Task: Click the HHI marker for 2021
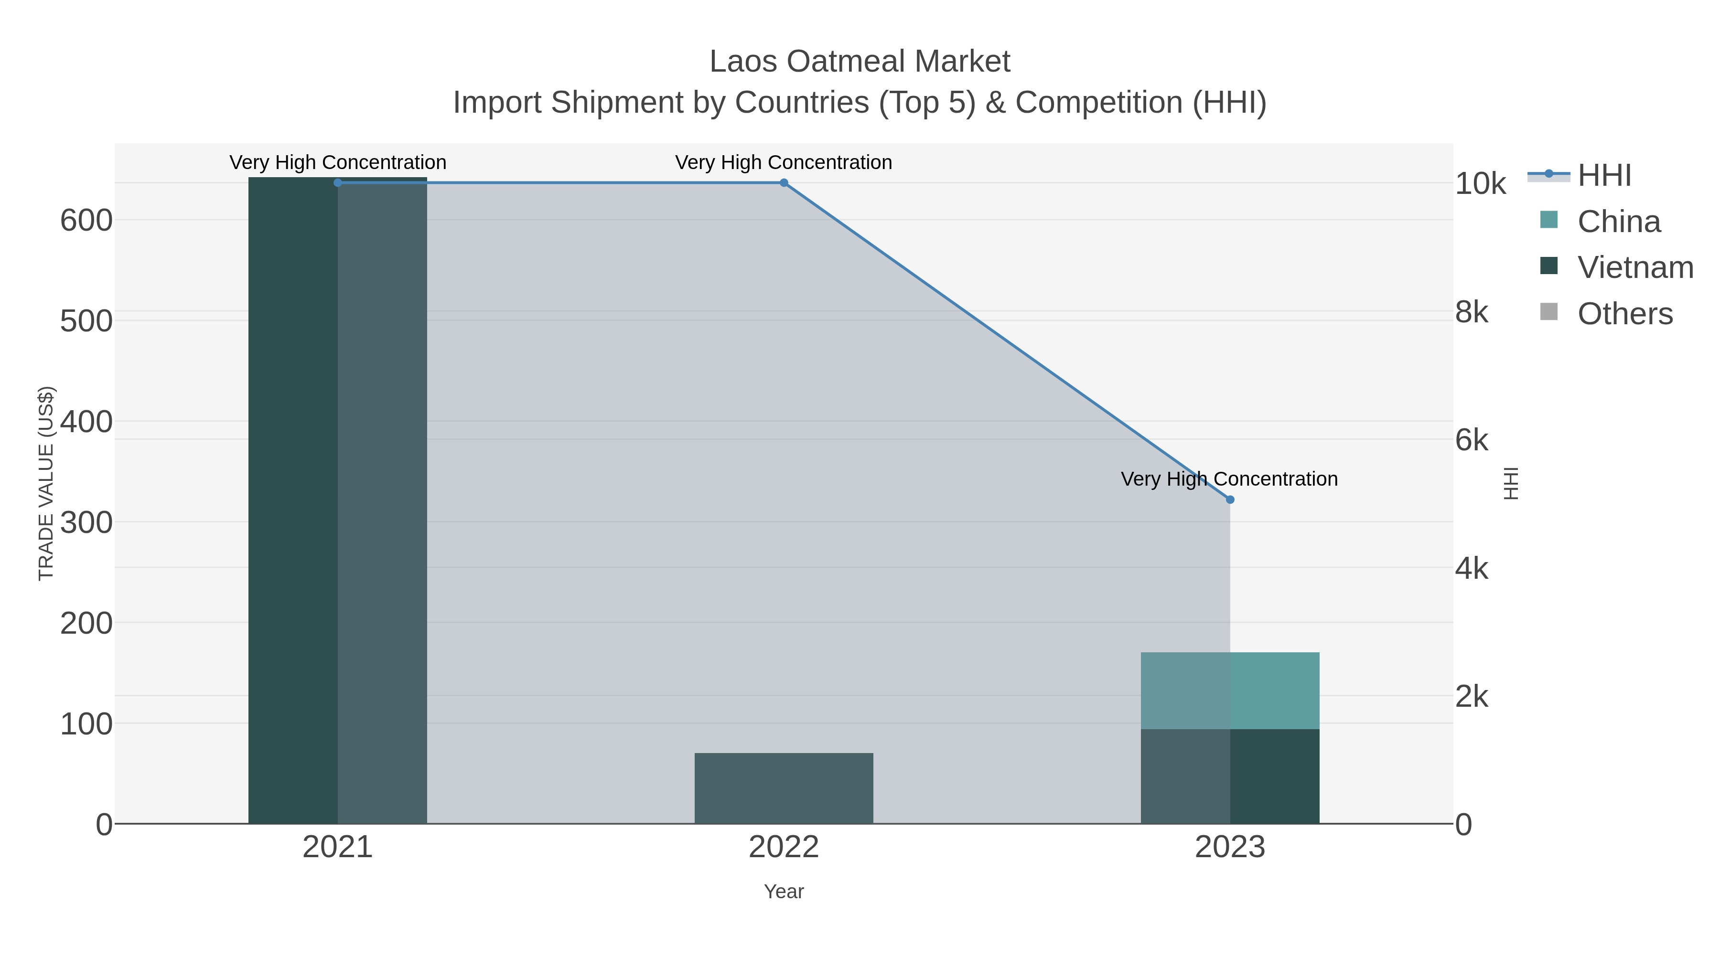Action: [x=338, y=183]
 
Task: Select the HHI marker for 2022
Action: [x=784, y=183]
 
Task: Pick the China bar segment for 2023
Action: [x=1230, y=691]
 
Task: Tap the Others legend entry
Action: [x=1624, y=314]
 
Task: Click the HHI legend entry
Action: [x=1604, y=176]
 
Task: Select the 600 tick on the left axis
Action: [x=86, y=220]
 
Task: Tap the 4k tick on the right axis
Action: [x=1472, y=569]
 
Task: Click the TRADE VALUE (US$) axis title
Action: [x=46, y=483]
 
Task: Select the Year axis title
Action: [x=784, y=892]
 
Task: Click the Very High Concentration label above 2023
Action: [x=1229, y=479]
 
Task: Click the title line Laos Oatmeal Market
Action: [x=860, y=62]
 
